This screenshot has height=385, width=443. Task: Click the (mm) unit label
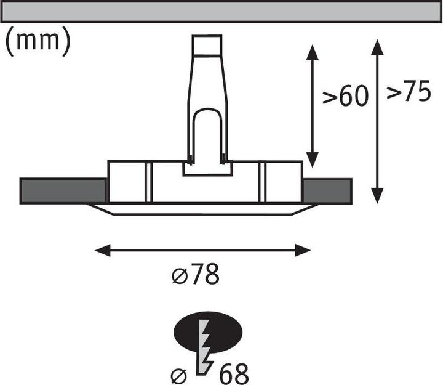pos(38,42)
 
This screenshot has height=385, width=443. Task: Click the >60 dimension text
pos(346,95)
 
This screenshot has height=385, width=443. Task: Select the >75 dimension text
pos(409,91)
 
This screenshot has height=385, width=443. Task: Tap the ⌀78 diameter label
pos(196,274)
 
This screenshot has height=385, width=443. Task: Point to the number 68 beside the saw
pos(234,373)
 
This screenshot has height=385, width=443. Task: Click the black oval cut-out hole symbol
pos(208,332)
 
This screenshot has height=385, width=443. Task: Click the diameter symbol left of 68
pos(179,376)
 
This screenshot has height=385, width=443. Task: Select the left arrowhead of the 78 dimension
pos(103,250)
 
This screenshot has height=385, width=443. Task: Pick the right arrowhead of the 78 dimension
pos(303,250)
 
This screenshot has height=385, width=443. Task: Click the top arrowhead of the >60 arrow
pos(312,52)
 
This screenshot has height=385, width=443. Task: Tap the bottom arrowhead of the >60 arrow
pos(312,160)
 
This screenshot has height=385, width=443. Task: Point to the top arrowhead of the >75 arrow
pos(377,47)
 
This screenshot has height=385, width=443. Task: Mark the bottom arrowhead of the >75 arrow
pos(377,196)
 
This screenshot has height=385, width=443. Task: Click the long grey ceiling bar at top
pos(221,12)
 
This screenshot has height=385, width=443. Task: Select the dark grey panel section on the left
pos(63,191)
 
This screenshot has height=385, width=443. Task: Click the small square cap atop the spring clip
pos(207,45)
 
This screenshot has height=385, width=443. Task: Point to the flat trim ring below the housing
pos(202,209)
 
